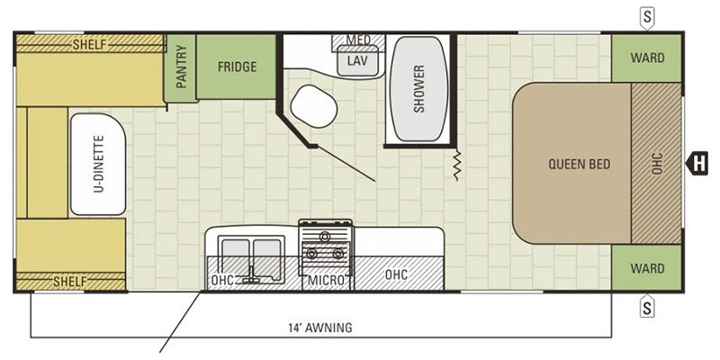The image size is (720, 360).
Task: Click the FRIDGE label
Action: tap(237, 67)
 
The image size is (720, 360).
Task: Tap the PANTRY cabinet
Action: tap(180, 67)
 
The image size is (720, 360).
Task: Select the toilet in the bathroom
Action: tap(314, 106)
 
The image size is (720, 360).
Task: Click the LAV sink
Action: tap(357, 60)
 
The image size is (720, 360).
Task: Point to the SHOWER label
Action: tap(418, 89)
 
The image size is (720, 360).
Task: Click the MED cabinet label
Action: tap(358, 40)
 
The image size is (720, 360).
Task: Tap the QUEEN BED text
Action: tap(580, 164)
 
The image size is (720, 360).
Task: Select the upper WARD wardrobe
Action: tap(646, 58)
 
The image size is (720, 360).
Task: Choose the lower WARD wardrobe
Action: tap(646, 267)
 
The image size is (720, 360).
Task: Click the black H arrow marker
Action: tap(697, 164)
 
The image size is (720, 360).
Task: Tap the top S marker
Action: tap(647, 18)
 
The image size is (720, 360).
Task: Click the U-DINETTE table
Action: tap(98, 164)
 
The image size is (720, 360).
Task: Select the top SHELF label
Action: tap(89, 44)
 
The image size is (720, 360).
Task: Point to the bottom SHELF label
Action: tap(70, 281)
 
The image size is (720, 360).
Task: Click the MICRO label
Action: tap(327, 280)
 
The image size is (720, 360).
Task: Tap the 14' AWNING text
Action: tap(320, 328)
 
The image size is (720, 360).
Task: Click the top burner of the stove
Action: tap(325, 237)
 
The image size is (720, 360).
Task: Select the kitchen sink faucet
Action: tap(251, 274)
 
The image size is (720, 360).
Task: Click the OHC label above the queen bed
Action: tap(657, 164)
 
